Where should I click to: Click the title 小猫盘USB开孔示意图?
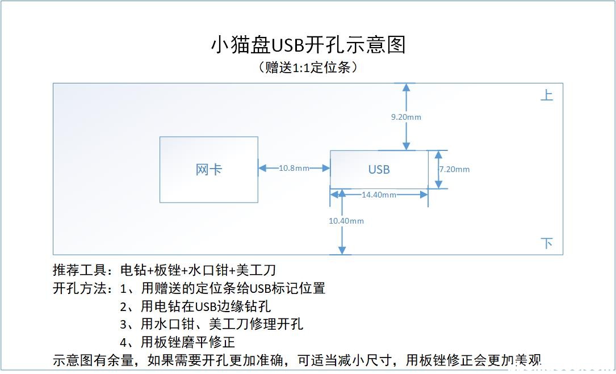coord(308,45)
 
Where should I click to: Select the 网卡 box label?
coord(208,170)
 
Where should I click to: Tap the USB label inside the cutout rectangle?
coord(379,169)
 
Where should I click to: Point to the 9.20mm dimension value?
coord(406,117)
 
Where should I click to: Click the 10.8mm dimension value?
coord(294,168)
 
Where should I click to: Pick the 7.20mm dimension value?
coord(455,169)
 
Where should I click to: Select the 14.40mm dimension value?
coord(379,195)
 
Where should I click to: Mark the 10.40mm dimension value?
coord(346,220)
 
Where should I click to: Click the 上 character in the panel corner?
coord(546,95)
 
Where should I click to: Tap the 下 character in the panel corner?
coord(546,243)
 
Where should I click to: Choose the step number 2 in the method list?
coord(124,307)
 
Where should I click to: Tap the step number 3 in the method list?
coord(124,325)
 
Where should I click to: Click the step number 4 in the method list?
coord(124,343)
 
